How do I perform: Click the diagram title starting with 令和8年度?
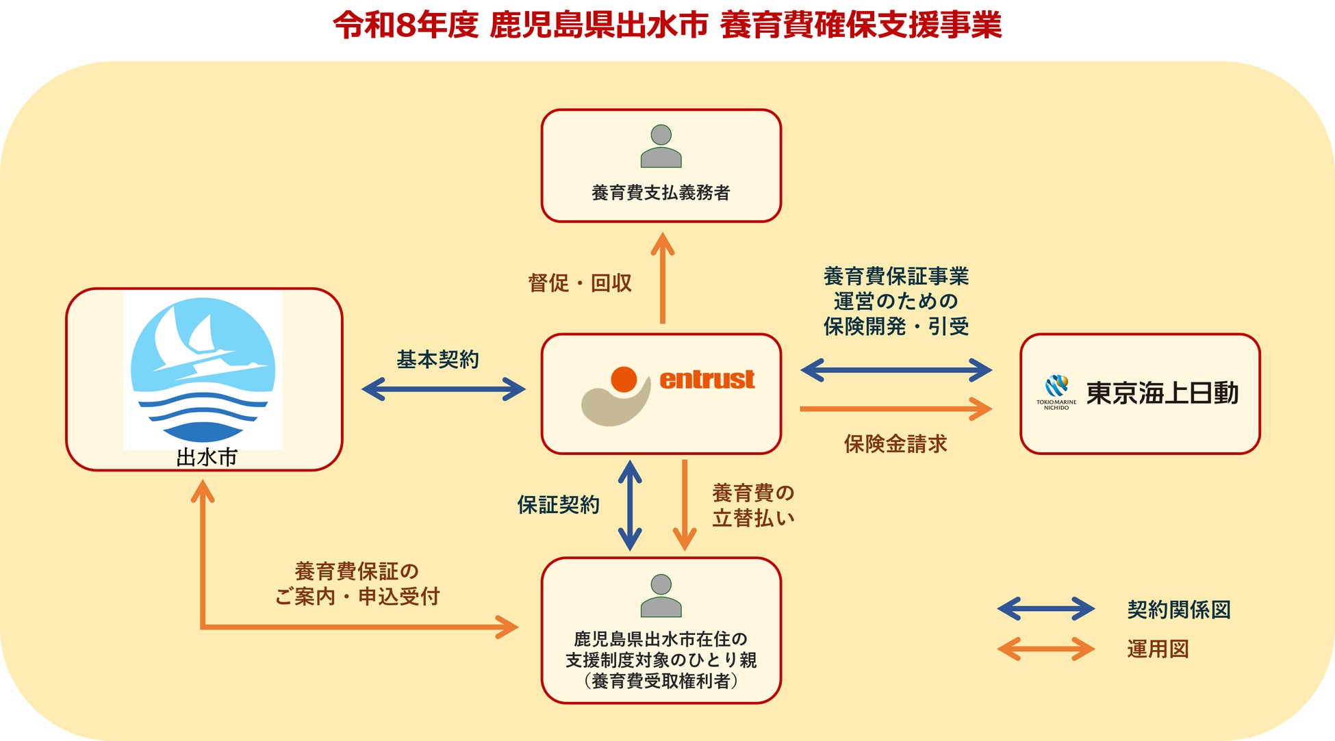tap(667, 25)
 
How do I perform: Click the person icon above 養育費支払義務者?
tap(661, 146)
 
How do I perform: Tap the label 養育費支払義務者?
tap(661, 193)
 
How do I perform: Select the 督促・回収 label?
tap(579, 283)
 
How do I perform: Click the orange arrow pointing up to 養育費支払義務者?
tap(662, 277)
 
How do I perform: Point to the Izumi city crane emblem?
tap(203, 369)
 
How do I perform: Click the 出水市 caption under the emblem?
tap(206, 457)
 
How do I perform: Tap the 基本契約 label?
tap(437, 359)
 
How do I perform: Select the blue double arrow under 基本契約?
tap(443, 389)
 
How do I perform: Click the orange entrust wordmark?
tap(707, 380)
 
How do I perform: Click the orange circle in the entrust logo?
tap(624, 379)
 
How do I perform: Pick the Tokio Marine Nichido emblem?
tap(1056, 387)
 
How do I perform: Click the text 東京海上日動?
tap(1162, 393)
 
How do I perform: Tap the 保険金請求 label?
tap(895, 444)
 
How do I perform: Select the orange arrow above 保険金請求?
tap(895, 409)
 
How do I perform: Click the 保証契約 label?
tap(558, 505)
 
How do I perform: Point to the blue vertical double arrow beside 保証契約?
tap(630, 505)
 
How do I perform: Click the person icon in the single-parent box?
tap(661, 595)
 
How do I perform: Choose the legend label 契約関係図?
tap(1178, 610)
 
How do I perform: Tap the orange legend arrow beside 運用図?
tap(1045, 649)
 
